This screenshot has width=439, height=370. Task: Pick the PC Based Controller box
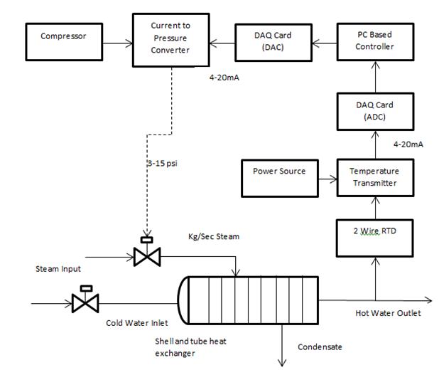point(374,41)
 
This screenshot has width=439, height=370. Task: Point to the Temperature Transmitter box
point(374,177)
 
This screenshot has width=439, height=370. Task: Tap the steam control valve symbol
point(146,255)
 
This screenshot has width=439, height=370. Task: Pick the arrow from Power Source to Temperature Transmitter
point(327,177)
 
